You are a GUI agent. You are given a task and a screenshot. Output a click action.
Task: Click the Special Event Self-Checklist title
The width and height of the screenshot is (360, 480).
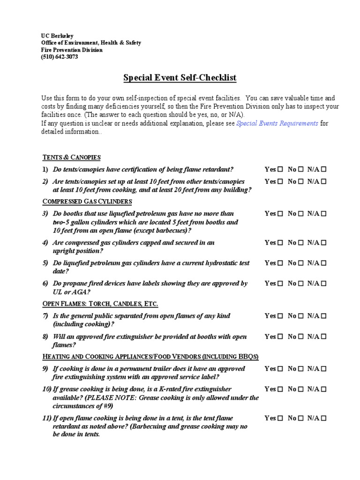(x=180, y=78)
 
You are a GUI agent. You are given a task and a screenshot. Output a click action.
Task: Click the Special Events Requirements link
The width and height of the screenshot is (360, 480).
(x=277, y=123)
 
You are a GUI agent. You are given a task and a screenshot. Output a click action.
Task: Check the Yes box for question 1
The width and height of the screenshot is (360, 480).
(x=280, y=169)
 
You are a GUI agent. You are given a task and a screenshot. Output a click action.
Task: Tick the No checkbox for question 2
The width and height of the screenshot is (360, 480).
(x=301, y=181)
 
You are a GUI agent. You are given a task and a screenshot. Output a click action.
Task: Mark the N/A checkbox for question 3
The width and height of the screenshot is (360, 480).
(x=324, y=214)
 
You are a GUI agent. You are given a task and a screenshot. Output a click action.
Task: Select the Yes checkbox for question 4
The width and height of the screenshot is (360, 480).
(x=280, y=243)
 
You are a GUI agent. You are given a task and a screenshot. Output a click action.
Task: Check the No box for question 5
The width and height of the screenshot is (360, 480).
(x=301, y=263)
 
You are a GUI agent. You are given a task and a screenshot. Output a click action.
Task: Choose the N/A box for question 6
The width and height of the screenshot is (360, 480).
(x=324, y=284)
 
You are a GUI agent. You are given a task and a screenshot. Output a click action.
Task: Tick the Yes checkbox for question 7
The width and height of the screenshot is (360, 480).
(x=280, y=316)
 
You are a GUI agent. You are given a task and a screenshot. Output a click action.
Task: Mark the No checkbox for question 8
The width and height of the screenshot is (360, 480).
(x=301, y=337)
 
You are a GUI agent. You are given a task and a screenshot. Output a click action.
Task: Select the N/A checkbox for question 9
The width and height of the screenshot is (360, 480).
(x=324, y=369)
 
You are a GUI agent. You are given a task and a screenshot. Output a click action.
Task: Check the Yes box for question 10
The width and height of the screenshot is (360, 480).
(x=280, y=389)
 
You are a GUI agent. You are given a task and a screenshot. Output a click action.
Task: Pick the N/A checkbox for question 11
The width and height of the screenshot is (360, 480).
(x=324, y=418)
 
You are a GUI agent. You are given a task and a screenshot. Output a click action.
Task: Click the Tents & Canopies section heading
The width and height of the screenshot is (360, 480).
(x=71, y=157)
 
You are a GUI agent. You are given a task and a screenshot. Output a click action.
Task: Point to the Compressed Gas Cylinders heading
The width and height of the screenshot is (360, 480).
(x=87, y=202)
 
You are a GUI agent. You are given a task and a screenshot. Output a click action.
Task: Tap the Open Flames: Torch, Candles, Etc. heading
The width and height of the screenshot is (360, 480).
(x=100, y=304)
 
